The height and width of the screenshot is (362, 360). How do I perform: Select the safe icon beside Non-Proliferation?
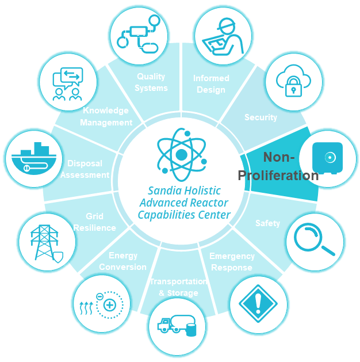(327, 158)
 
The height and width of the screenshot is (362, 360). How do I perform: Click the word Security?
(261, 117)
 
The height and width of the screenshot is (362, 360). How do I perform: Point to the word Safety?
(267, 223)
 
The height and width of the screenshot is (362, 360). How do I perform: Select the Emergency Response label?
(232, 262)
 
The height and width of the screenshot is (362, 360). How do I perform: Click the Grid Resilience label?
(94, 222)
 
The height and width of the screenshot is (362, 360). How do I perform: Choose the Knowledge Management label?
(106, 116)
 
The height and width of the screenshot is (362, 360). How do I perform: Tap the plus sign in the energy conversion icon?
(110, 304)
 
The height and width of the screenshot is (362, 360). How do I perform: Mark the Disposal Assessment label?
(85, 169)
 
